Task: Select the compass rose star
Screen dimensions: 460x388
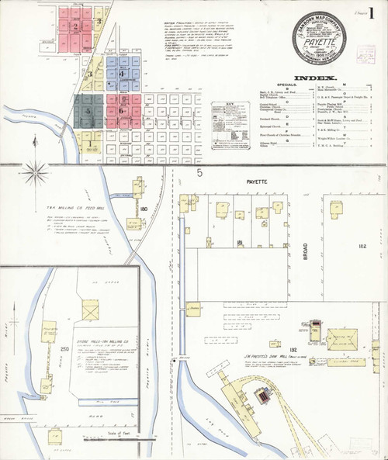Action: (x=35, y=172)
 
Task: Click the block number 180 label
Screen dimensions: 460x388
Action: (x=144, y=209)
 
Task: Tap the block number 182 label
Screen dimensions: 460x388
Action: (x=360, y=245)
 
